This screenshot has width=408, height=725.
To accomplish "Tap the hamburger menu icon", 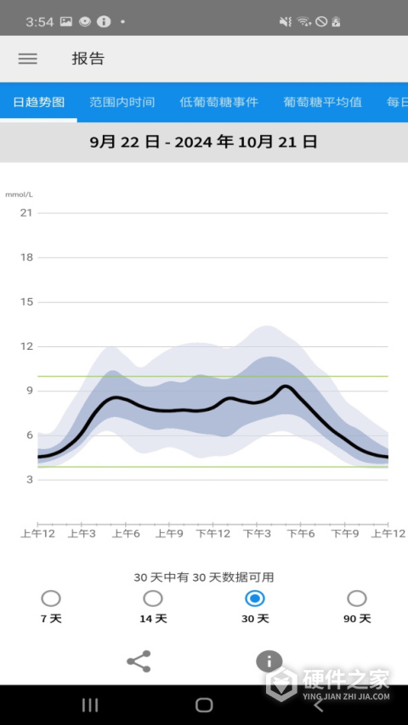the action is coord(28,59).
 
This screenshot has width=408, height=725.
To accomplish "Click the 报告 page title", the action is coord(88,59).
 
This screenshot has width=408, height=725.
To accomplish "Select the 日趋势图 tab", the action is coord(38,102).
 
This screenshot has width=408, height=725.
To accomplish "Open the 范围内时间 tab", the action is coord(122,102).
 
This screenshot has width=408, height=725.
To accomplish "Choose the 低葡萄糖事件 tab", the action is coord(219,102).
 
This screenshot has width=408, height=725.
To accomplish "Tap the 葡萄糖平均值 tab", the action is coord(322,102).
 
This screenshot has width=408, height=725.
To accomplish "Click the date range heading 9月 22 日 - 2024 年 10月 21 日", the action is coord(204,142).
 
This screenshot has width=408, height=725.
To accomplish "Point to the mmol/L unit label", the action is coord(19,194).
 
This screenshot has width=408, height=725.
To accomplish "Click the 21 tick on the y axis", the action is coord(27,213).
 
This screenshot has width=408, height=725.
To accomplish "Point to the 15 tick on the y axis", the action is coord(27,302).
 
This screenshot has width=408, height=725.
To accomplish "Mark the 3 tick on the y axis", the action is coord(30,480).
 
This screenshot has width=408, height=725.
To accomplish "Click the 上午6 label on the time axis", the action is coord(126,534).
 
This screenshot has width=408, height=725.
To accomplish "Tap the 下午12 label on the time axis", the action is coord(213,534).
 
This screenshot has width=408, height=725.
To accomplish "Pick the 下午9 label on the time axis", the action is coord(345,534).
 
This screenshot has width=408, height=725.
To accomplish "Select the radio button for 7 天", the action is coord(51,599).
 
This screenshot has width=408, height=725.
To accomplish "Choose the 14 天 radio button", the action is coord(153,599).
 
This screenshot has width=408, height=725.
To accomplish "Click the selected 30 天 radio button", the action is coord(255,599).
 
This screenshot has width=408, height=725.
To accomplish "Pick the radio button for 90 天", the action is coord(357,599).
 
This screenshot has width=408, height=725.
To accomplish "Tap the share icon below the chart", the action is coord(139,661).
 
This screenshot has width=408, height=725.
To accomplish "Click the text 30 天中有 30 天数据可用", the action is coord(204,577).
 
